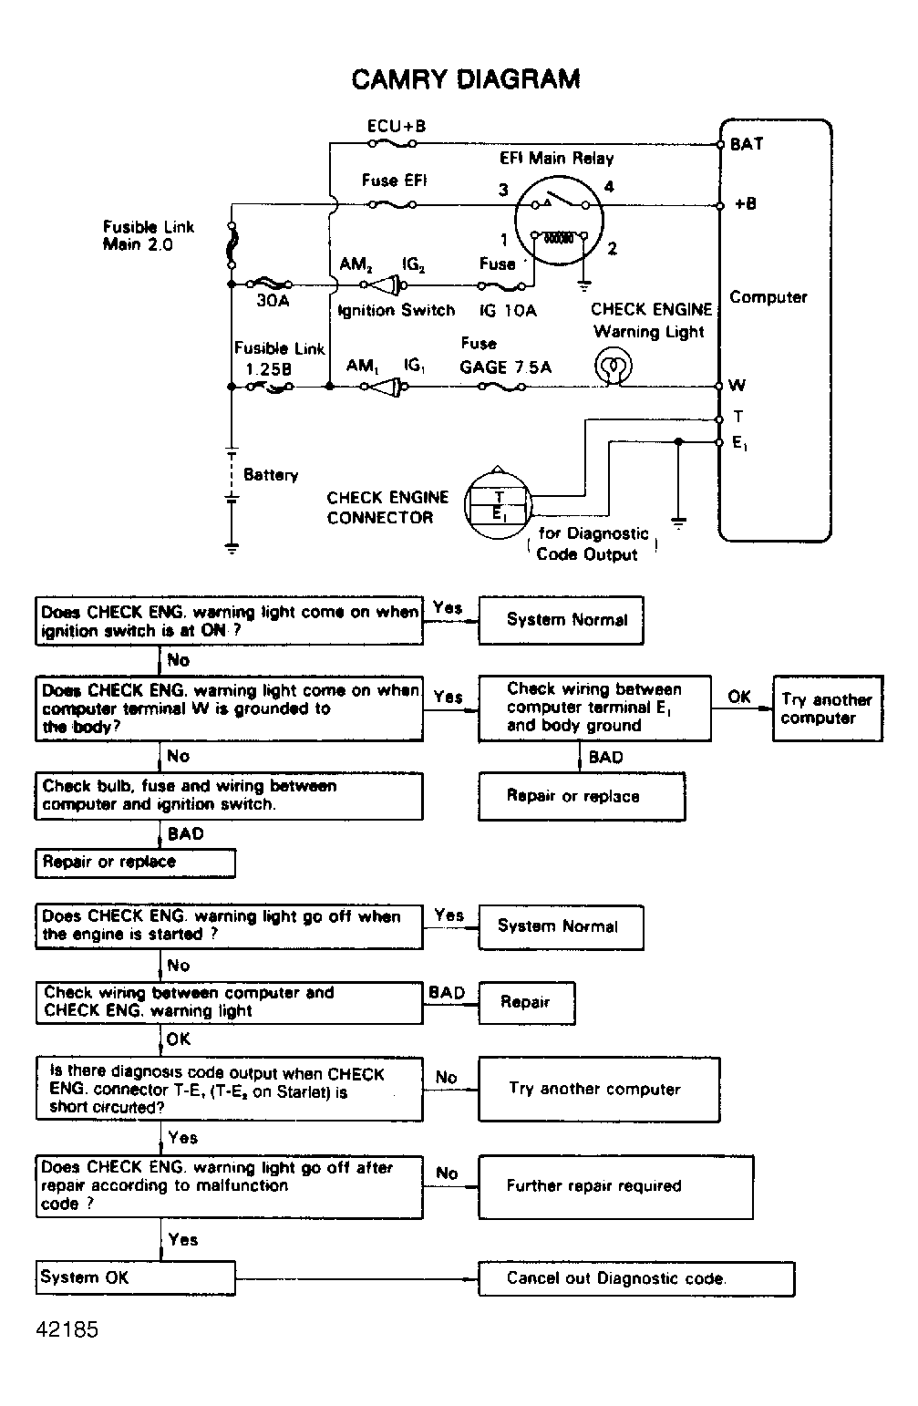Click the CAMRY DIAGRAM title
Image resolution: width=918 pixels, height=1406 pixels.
click(466, 79)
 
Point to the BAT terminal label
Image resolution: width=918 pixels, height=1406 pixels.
click(747, 144)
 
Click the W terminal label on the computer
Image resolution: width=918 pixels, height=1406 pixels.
click(737, 386)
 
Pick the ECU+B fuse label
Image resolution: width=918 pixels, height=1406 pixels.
click(396, 126)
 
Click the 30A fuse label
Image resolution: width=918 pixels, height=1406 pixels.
click(273, 301)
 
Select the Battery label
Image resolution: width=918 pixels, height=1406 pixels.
click(271, 475)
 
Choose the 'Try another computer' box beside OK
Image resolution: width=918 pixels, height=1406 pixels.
click(827, 708)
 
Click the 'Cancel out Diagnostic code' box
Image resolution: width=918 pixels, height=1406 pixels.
click(635, 1278)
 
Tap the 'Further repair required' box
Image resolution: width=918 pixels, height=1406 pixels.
click(615, 1186)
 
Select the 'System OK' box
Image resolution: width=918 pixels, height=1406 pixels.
click(135, 1277)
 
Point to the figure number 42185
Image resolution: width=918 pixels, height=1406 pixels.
click(67, 1329)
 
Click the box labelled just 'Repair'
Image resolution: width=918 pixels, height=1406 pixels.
click(526, 1002)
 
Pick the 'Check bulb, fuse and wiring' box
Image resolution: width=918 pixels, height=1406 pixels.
click(229, 795)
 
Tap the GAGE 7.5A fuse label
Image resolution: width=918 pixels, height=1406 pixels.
click(505, 367)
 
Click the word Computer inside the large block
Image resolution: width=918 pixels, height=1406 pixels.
click(768, 297)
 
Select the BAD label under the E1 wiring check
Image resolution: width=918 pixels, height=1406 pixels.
click(605, 757)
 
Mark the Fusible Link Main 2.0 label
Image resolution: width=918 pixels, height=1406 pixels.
click(149, 235)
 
